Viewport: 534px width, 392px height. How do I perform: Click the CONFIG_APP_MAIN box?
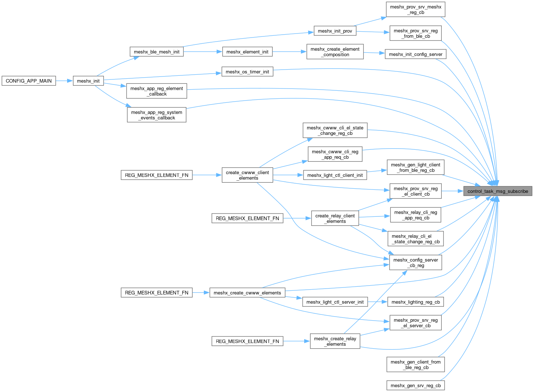point(29,81)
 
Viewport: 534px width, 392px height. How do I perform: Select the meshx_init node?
point(88,81)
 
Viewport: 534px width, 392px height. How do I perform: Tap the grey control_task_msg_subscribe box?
point(498,191)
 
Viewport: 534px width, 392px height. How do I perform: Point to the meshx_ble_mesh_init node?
point(156,52)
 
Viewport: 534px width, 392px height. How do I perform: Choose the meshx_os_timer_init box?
point(247,72)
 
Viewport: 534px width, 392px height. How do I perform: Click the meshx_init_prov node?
point(335,31)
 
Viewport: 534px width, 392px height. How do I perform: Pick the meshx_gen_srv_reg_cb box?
point(415,385)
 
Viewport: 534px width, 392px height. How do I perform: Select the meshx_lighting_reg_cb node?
point(415,302)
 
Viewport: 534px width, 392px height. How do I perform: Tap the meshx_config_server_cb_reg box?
point(415,263)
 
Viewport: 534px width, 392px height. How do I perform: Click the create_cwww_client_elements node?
point(247,175)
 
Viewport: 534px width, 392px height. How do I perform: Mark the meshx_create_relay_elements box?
point(335,341)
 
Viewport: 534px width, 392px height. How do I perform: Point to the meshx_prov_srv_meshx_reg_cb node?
point(415,9)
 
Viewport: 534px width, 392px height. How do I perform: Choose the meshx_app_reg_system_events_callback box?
point(156,115)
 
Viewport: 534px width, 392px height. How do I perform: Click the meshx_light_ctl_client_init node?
point(335,175)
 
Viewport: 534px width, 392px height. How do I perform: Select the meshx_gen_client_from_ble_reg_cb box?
point(415,365)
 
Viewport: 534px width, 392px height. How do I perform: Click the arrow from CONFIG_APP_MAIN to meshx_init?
point(65,81)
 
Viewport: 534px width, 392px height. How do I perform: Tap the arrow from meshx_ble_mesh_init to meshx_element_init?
point(203,52)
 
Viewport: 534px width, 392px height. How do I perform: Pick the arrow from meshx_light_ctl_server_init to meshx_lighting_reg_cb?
point(377,302)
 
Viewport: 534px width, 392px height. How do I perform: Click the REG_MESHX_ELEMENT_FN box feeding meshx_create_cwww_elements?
point(156,293)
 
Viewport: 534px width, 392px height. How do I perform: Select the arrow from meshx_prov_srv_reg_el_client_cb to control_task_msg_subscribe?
point(452,191)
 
